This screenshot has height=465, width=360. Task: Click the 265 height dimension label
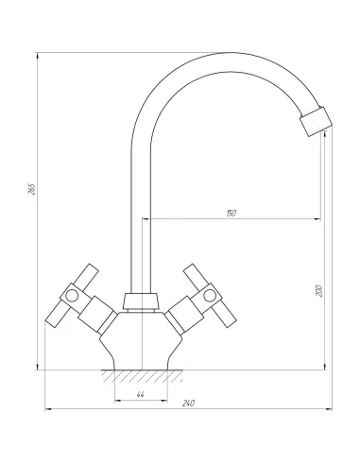click(x=32, y=189)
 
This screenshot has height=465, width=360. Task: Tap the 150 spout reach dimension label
click(x=231, y=214)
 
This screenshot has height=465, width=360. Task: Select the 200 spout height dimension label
click(x=319, y=291)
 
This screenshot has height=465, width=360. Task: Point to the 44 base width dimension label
click(x=141, y=394)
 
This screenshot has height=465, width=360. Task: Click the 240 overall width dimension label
click(x=188, y=404)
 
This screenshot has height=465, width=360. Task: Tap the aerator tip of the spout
click(x=316, y=122)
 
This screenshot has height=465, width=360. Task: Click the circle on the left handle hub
click(x=72, y=295)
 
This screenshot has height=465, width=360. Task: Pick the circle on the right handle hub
click(x=210, y=295)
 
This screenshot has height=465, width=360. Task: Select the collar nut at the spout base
click(x=141, y=301)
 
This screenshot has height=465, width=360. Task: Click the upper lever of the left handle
click(x=87, y=276)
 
